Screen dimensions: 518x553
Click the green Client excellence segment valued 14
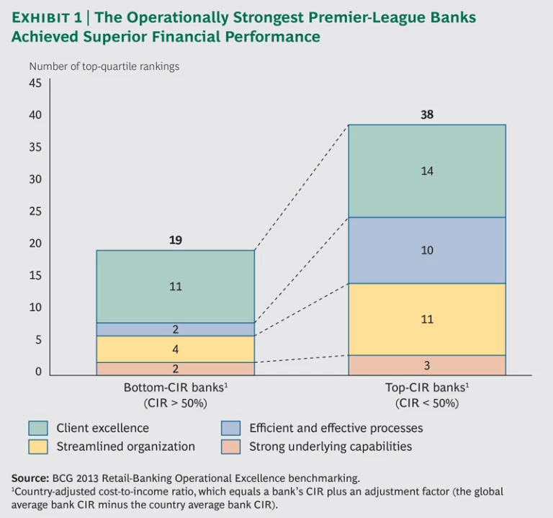pos(426,171)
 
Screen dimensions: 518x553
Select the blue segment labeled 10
pos(426,250)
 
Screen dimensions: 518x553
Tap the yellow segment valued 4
pos(175,349)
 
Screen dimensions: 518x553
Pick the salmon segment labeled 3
pos(426,365)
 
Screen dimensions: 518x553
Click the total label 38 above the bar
pos(427,115)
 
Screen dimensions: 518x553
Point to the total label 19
pos(175,240)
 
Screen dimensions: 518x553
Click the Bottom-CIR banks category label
pos(176,387)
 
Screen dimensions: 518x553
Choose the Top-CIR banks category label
pos(427,387)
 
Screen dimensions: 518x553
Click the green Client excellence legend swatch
pos(38,428)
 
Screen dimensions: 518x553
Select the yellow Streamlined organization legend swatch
pos(38,447)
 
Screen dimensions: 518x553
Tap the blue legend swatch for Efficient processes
pos(231,428)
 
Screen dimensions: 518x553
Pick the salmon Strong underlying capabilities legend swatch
pos(231,447)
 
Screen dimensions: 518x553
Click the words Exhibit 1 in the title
pos(46,17)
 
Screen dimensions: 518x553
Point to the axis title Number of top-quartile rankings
pos(104,66)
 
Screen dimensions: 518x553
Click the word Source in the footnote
pos(30,478)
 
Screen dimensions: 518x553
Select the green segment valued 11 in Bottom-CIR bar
pos(175,286)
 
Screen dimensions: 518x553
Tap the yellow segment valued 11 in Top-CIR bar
pos(426,318)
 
